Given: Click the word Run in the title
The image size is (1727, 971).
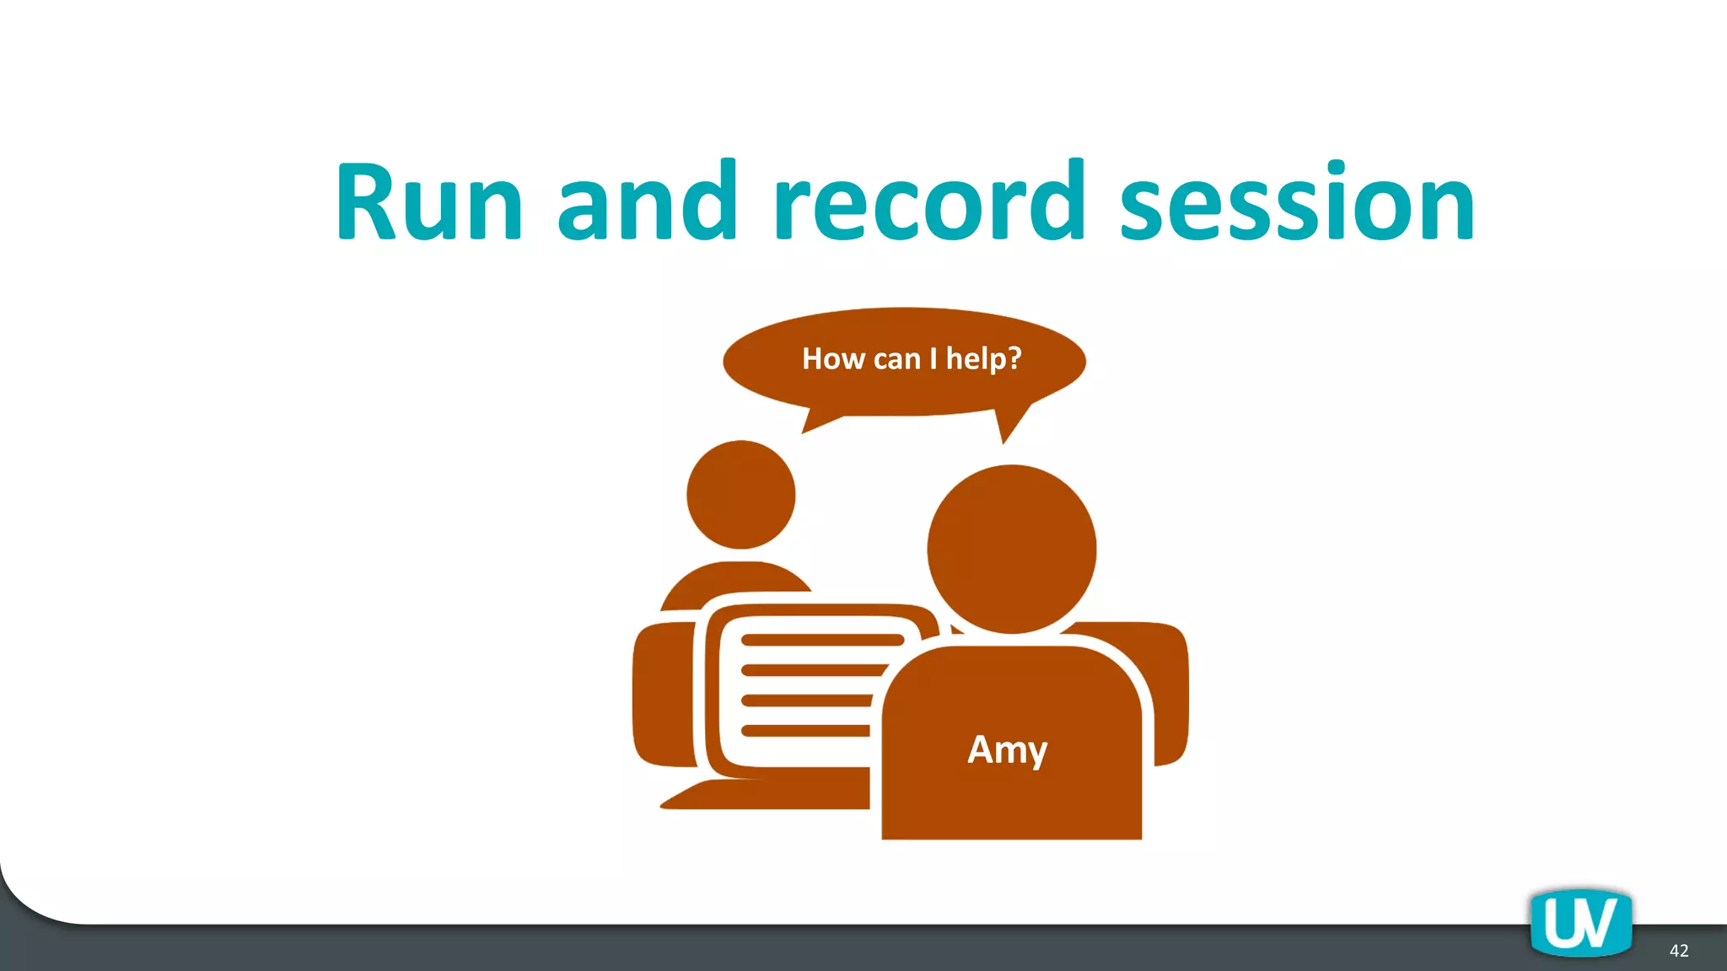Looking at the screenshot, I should (x=429, y=202).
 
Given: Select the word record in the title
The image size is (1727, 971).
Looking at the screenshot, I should (x=928, y=202).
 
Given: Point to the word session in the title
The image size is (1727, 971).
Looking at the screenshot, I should (x=1297, y=202).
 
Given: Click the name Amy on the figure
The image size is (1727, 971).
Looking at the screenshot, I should (x=1007, y=749).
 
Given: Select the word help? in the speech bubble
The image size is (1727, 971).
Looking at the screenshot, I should (x=983, y=359).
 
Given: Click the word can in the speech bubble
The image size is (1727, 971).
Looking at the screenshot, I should (x=896, y=360).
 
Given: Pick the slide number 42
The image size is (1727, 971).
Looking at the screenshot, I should (x=1678, y=951).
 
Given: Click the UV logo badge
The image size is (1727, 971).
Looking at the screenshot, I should (x=1580, y=923).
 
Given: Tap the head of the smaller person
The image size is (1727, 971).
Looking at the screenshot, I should (x=740, y=495).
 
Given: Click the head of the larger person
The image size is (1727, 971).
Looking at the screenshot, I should (x=1011, y=549).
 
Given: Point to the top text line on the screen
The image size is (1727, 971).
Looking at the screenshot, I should (x=822, y=640).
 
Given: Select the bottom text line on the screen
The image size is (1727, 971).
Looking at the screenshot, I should (x=805, y=731).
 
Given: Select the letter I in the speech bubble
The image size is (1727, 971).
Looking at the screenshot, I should (x=933, y=359).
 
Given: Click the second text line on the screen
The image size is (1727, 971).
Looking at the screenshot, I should (x=814, y=671).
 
